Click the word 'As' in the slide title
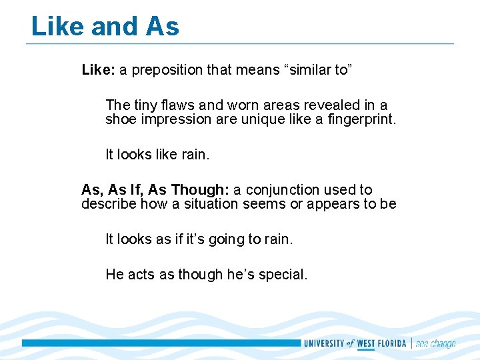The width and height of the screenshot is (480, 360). (162, 27)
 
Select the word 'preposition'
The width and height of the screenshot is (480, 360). (167, 70)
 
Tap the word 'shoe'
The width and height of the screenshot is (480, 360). (120, 120)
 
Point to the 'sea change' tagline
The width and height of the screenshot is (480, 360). (436, 344)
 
